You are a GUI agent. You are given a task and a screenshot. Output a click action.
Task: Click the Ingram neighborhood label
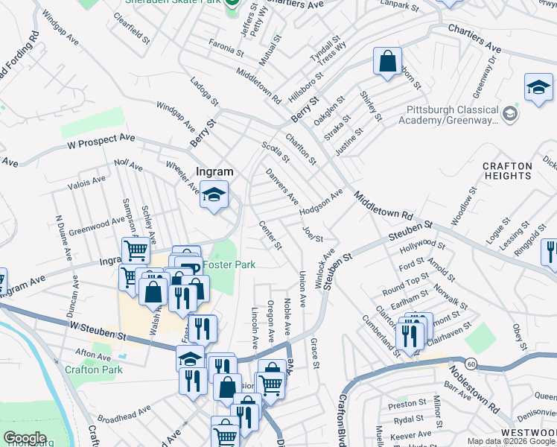214,171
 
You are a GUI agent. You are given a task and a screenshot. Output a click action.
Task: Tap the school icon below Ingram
214,196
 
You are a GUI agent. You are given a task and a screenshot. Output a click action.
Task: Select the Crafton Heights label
506,171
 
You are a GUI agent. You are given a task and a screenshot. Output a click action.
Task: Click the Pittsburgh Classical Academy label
451,114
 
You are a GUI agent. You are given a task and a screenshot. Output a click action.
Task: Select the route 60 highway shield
471,364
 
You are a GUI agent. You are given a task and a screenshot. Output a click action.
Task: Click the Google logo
25,438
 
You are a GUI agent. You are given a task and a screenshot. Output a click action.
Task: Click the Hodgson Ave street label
321,202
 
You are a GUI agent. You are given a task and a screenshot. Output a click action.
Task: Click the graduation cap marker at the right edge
538,88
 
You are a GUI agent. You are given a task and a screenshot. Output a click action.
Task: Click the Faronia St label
226,46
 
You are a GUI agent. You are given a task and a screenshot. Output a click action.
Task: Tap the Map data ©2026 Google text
511,441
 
